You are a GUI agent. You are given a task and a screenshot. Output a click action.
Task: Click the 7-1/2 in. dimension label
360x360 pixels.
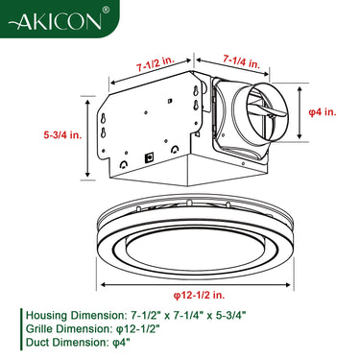tap(156, 66)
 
